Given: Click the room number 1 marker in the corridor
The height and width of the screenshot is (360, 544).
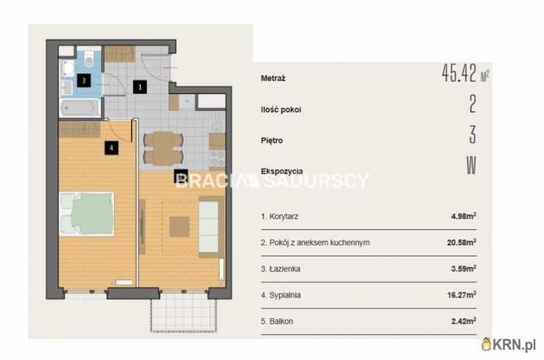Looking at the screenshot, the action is click(x=140, y=87).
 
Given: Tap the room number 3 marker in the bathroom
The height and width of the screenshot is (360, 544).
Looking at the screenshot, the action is click(x=84, y=81).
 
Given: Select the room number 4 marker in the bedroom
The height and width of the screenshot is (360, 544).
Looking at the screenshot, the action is click(x=111, y=148).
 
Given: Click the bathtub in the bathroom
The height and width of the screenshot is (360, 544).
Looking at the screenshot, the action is click(x=80, y=108).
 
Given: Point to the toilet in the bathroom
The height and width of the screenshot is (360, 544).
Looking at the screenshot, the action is click(x=89, y=60).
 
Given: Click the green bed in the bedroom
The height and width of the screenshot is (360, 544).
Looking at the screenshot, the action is click(x=87, y=214).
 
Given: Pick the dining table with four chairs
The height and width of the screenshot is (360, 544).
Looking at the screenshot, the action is click(x=163, y=148).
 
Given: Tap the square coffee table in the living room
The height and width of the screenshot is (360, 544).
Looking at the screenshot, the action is click(x=179, y=227).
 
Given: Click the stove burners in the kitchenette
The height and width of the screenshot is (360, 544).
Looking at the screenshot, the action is click(x=217, y=159).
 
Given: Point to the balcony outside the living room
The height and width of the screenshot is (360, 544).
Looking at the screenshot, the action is click(x=184, y=312).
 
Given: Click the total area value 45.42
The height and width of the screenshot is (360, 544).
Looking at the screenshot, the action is click(x=459, y=73).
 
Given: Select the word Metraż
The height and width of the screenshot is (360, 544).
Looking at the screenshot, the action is click(x=273, y=79).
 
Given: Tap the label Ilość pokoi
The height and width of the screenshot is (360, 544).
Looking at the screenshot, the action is click(x=281, y=109).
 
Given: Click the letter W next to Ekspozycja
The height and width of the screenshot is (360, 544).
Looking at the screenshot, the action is click(x=471, y=165).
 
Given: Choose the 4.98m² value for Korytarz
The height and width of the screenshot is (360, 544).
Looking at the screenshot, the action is click(x=464, y=216).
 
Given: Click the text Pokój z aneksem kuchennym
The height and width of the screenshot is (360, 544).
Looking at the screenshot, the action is click(x=320, y=242).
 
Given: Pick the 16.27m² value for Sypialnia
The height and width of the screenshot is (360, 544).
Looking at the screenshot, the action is click(x=462, y=295).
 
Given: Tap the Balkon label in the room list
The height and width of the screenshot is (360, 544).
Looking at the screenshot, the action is click(x=281, y=321).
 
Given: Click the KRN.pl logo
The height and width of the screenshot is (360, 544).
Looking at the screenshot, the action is click(x=509, y=345).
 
